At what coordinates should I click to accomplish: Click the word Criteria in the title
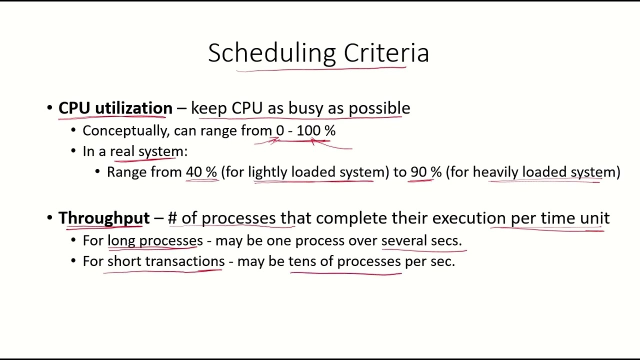pos(386,53)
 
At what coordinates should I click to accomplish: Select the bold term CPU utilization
pos(115,108)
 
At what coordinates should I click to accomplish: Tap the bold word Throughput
pos(104,218)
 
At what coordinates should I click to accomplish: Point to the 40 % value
pos(201,172)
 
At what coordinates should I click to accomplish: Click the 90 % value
pos(426,172)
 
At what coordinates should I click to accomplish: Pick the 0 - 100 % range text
pos(305,131)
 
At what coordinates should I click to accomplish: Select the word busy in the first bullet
pos(305,108)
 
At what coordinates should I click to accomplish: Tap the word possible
pos(379,108)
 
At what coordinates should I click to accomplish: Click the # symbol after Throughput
pos(172,218)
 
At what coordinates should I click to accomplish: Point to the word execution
pos(468,218)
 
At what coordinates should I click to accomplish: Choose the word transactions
pos(184,261)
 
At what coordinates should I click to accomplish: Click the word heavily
pos(495,172)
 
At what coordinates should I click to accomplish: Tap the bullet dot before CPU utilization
pos(49,108)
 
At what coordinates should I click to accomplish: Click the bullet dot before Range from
pos(98,172)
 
